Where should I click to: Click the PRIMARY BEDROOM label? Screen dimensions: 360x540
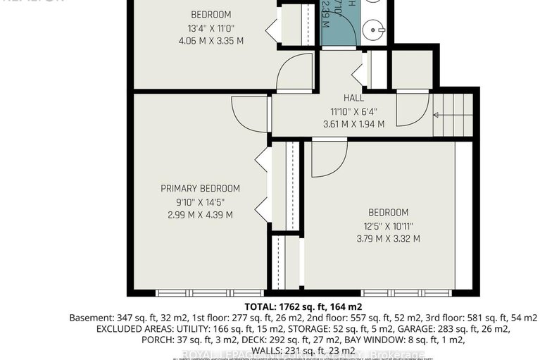pos(200,188)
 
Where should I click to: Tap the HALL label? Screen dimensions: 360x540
pos(353,98)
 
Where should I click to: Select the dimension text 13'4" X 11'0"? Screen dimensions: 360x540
pos(211,28)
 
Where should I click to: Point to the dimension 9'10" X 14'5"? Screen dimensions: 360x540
pos(200,201)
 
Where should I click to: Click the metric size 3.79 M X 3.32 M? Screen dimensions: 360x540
pos(387,238)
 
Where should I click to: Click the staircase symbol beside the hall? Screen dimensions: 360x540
pos(453,114)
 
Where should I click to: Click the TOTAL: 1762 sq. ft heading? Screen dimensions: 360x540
pos(303,306)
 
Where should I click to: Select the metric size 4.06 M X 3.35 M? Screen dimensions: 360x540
pos(211,41)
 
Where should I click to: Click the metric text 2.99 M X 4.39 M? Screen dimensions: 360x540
pos(200,214)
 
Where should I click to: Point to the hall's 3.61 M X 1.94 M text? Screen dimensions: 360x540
pos(353,123)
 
